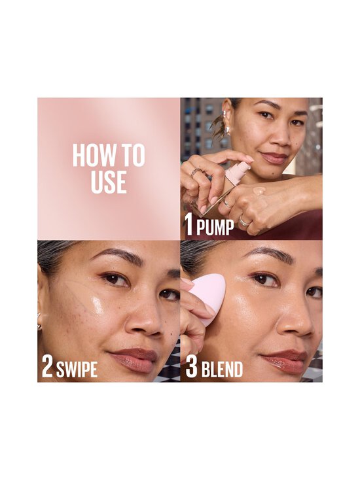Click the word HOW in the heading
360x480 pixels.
coord(90,157)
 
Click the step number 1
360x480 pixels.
coord(189,226)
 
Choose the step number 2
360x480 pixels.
coord(47,367)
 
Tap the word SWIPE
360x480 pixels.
coord(77,368)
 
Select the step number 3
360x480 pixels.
coord(191,367)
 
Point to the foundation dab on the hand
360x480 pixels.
coord(259,191)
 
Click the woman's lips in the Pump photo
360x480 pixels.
coord(274,158)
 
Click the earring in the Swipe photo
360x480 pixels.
coord(40,324)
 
